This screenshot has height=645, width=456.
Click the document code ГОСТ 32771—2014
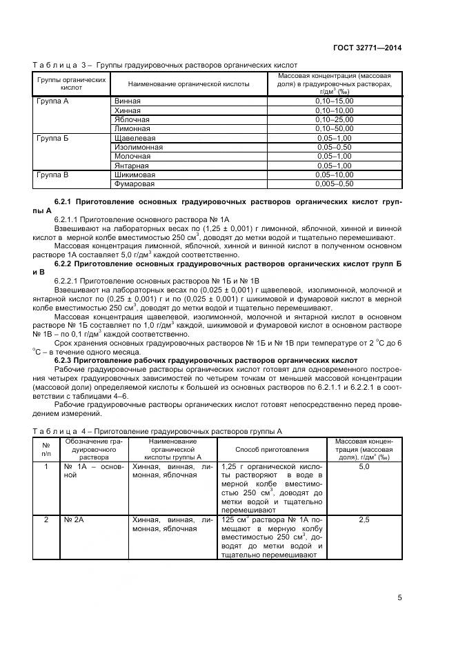(369, 48)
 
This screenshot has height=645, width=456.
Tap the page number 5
(399, 597)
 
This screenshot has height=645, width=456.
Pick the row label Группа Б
(52, 138)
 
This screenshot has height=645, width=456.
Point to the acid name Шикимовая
(135, 175)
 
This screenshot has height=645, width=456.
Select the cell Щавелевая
(132, 138)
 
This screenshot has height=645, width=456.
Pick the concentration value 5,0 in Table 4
(364, 467)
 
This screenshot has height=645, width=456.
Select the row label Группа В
(52, 175)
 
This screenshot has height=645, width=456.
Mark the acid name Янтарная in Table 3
(131, 166)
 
